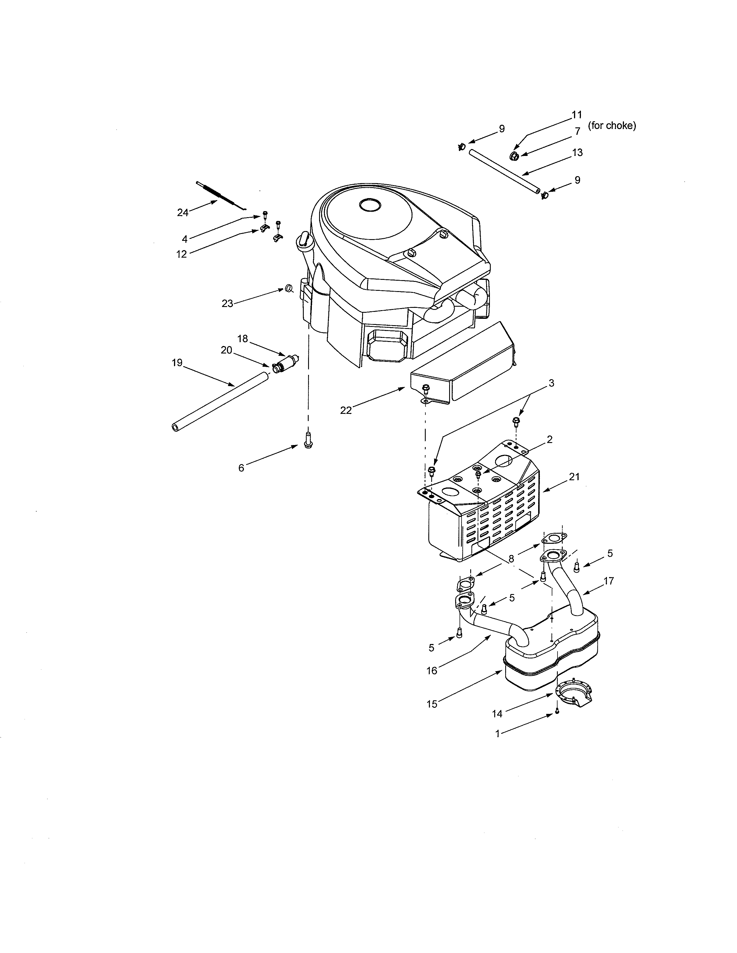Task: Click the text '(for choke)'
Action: pos(612,126)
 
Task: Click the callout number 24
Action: pos(182,213)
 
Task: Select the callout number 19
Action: pos(177,363)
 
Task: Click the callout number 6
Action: pos(241,468)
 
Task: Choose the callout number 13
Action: pos(577,153)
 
